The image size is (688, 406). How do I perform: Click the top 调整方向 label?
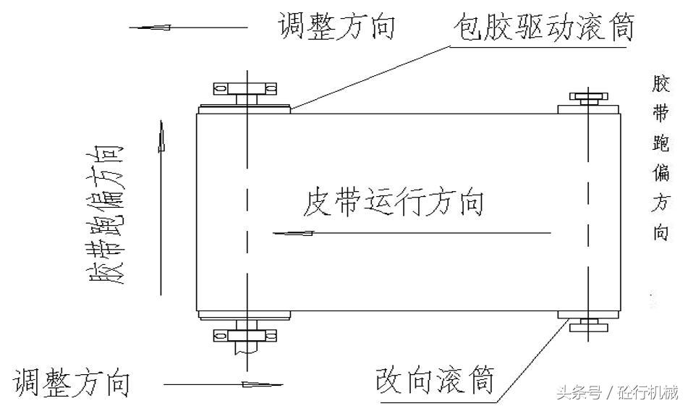pyautogui.click(x=336, y=27)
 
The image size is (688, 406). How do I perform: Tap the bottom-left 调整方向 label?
pyautogui.click(x=71, y=381)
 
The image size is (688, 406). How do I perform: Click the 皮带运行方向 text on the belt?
pyautogui.click(x=394, y=203)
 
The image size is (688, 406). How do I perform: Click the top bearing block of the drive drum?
pyautogui.click(x=246, y=89)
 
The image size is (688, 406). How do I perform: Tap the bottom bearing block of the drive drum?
pyautogui.click(x=246, y=334)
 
